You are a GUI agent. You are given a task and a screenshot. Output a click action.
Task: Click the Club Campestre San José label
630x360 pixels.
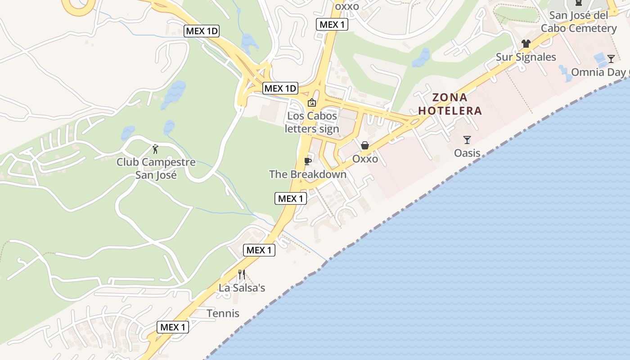156,168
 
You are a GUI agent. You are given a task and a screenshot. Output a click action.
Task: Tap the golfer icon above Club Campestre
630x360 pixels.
156,149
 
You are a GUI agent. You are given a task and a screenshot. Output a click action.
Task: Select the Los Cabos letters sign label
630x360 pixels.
312,122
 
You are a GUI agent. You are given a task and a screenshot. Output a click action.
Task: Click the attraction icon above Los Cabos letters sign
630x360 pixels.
311,103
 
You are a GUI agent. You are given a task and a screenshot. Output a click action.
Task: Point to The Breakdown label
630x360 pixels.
308,174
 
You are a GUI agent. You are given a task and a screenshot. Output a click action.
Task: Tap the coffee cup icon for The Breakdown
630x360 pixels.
308,161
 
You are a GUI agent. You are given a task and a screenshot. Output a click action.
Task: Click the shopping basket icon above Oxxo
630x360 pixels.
365,145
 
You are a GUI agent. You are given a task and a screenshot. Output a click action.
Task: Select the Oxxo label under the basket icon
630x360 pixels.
365,159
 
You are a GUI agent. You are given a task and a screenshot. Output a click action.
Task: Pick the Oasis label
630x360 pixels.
467,153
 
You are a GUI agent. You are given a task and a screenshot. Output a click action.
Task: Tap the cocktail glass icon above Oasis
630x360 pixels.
467,140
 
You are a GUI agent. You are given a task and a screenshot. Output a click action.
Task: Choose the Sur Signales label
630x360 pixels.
526,57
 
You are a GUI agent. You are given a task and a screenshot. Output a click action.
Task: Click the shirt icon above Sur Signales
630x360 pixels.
526,44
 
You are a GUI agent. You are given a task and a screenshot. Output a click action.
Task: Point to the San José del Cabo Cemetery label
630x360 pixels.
579,22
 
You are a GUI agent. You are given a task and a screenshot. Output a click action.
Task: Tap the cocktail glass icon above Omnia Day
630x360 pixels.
611,58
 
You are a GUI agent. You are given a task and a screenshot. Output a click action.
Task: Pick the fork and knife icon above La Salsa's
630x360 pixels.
242,274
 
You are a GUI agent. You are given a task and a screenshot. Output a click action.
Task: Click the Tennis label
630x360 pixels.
223,313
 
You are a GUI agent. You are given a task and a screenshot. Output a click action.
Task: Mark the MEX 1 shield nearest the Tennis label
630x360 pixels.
173,327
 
